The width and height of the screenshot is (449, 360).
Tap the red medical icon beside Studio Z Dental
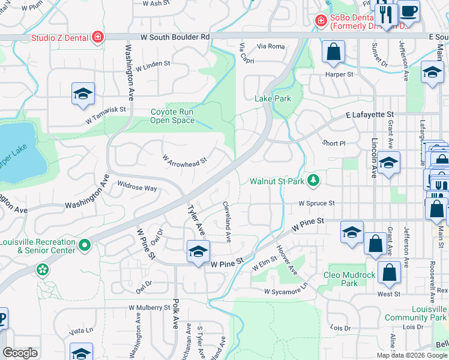pyautogui.click(x=97, y=38)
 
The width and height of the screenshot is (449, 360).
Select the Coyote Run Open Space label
pyautogui.click(x=172, y=116)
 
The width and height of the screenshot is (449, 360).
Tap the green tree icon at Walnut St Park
pyautogui.click(x=312, y=180)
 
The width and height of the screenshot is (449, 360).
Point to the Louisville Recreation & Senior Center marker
pyautogui.click(x=85, y=245)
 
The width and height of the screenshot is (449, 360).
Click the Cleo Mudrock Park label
pyautogui.click(x=349, y=279)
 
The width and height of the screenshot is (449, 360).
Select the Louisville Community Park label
pyautogui.click(x=424, y=313)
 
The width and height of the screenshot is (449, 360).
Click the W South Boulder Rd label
pyautogui.click(x=175, y=37)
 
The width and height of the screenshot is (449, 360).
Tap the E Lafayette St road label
pyautogui.click(x=369, y=114)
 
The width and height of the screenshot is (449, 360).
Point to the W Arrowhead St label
pyautogui.click(x=184, y=160)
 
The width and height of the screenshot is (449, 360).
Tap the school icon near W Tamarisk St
pyautogui.click(x=83, y=94)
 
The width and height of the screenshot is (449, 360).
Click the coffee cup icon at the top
pyautogui.click(x=408, y=11)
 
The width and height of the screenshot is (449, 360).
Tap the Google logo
pyautogui.click(x=20, y=353)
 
